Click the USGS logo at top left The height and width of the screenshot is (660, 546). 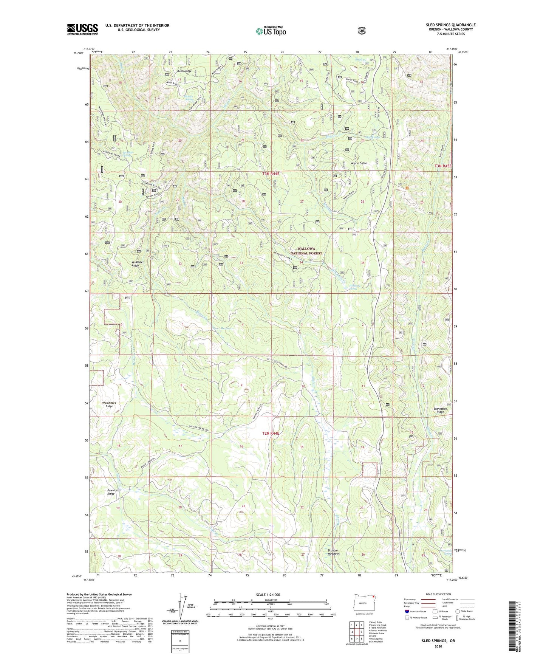[x=82, y=29]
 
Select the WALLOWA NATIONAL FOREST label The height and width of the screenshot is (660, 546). [x=306, y=251]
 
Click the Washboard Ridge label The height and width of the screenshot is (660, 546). [x=109, y=404]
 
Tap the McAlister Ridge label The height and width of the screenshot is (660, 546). [x=135, y=264]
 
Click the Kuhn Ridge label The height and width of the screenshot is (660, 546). [x=184, y=71]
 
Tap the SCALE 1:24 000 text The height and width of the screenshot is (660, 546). [x=268, y=595]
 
